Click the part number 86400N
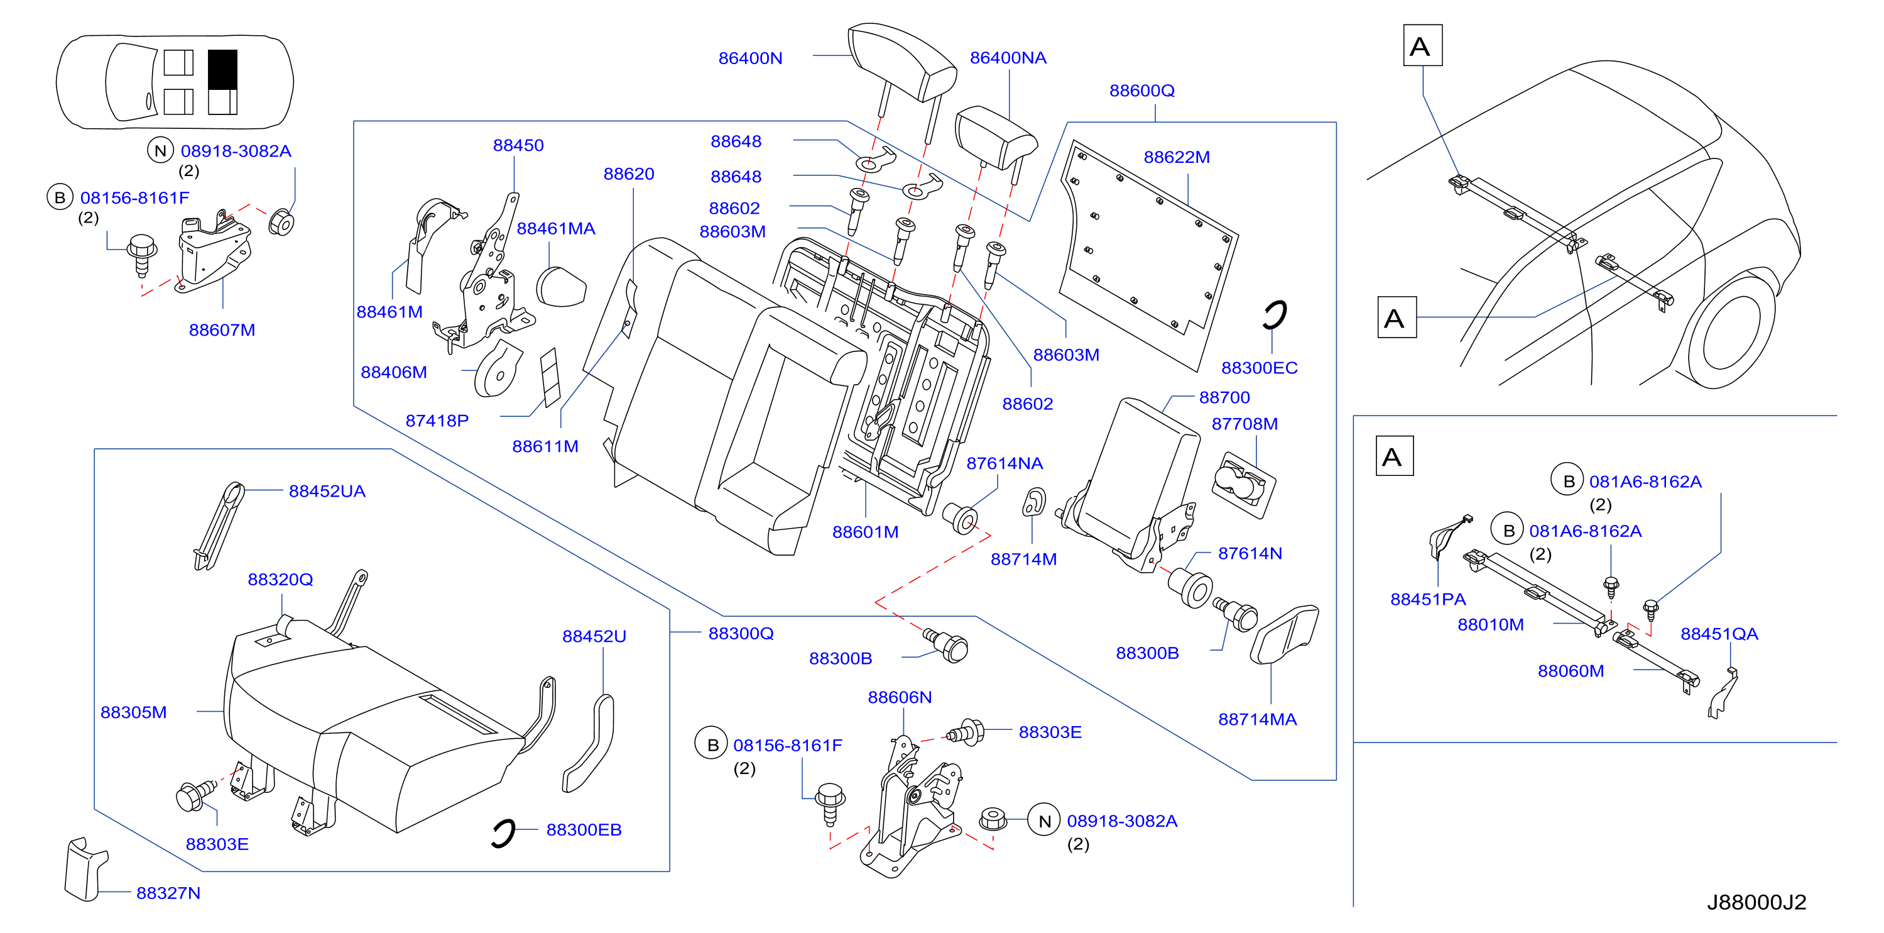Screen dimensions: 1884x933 [x=749, y=58]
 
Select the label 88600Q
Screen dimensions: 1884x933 [x=1141, y=91]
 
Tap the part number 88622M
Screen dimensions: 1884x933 [x=1176, y=157]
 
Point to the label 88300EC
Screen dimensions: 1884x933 [x=1259, y=367]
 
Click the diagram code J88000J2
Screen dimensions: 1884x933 [x=1756, y=902]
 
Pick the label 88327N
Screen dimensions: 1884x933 [x=168, y=893]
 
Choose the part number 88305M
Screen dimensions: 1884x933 [x=133, y=712]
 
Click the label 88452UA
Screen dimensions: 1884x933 [x=327, y=491]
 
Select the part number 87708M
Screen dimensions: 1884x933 [x=1244, y=424]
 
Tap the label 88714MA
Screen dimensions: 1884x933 [x=1257, y=719]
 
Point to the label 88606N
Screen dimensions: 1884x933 [x=900, y=697]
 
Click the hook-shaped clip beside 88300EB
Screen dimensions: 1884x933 [x=503, y=834]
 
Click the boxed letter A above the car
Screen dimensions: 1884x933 [x=1422, y=45]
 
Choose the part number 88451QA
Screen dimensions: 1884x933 [x=1719, y=634]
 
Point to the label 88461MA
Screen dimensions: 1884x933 [x=556, y=228]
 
